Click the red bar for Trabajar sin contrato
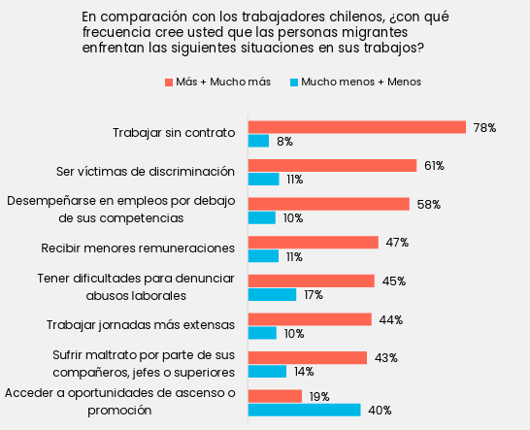(x=357, y=127)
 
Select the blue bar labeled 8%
(x=258, y=141)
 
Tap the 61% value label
(x=434, y=166)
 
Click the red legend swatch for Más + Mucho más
(x=169, y=83)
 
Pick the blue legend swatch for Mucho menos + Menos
(x=294, y=83)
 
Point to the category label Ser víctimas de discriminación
(x=146, y=172)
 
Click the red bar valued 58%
(x=329, y=204)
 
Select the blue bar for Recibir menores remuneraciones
(x=264, y=256)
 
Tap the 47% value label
(x=397, y=243)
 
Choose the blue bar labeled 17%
(x=273, y=294)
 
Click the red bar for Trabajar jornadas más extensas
(x=310, y=319)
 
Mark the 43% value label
(x=386, y=357)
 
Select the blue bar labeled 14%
(x=267, y=371)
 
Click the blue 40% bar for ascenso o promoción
(x=305, y=410)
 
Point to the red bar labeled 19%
(x=275, y=396)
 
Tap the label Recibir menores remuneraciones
(x=138, y=248)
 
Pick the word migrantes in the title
(x=375, y=32)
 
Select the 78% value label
(x=484, y=127)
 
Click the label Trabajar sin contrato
(x=174, y=133)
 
